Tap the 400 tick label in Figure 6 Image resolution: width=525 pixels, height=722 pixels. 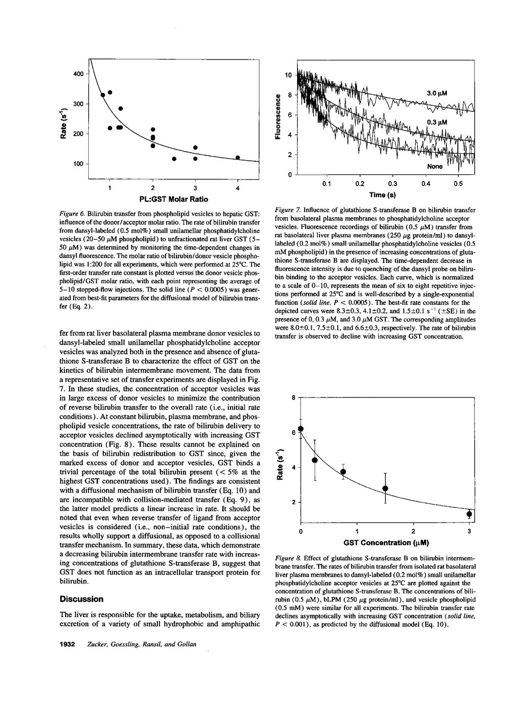pos(78,74)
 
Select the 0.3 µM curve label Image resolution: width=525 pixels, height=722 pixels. pos(437,122)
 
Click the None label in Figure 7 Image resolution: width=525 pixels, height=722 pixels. pos(435,166)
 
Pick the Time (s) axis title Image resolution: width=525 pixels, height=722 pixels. pos(385,195)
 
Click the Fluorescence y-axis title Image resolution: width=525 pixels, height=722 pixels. pos(277,117)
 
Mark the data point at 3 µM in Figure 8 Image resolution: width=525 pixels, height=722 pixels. pos(469,514)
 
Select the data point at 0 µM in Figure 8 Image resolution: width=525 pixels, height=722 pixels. pos(301,429)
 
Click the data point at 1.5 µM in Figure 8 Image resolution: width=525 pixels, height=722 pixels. pos(385,488)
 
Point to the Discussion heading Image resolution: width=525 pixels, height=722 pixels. pos(81,599)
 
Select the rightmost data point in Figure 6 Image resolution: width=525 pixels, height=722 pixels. pos(238,158)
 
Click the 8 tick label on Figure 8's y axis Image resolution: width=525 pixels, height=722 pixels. pos(294,398)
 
